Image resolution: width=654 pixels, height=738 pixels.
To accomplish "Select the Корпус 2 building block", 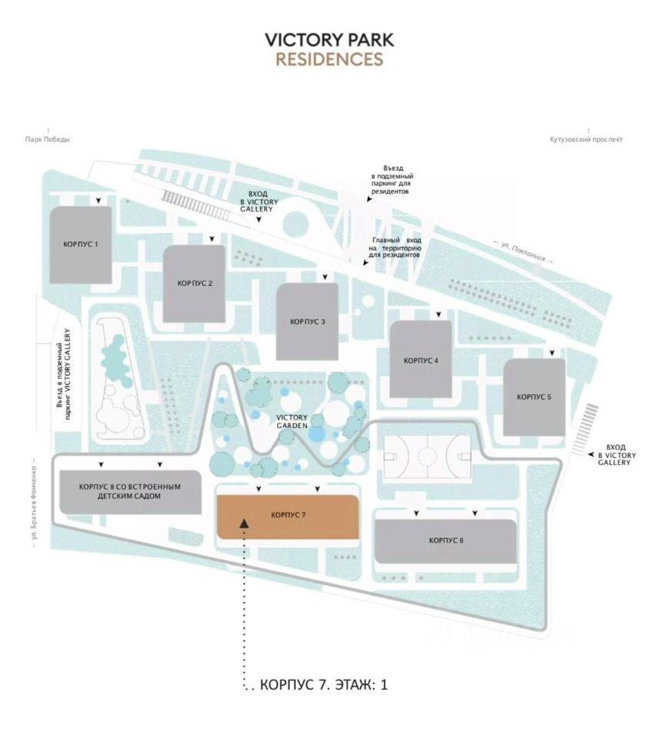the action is [x=194, y=284].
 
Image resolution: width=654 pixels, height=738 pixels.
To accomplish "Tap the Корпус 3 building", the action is [x=308, y=321].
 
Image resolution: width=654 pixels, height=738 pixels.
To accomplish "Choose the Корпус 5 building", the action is [x=534, y=397].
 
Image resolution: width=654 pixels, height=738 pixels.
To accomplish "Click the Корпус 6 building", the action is [x=445, y=541].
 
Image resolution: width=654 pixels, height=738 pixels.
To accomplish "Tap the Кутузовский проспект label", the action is [x=586, y=140].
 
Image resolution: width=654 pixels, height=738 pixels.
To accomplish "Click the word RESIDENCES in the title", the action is [x=329, y=59].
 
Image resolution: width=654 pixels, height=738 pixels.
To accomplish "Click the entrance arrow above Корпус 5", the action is [x=552, y=353].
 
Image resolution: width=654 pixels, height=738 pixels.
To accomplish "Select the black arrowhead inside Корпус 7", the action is [x=244, y=523].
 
